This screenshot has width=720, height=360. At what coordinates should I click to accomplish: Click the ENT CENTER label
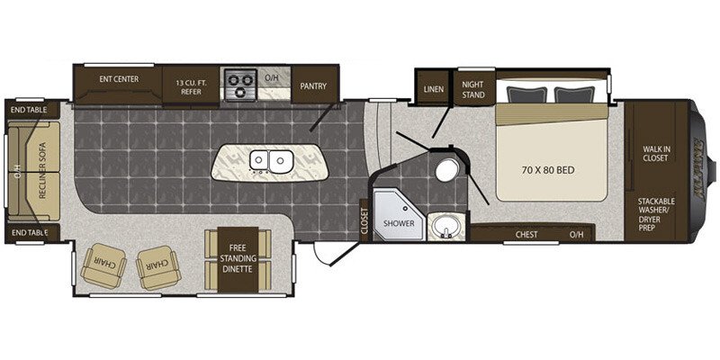point(119,79)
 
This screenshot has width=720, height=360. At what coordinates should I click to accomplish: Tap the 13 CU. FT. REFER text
point(191,87)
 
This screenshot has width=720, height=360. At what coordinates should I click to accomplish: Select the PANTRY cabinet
point(314,85)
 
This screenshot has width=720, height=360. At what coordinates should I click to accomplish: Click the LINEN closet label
point(434,89)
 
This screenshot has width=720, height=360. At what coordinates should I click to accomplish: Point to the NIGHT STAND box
point(474,87)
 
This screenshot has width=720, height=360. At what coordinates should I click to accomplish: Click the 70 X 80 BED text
point(548,170)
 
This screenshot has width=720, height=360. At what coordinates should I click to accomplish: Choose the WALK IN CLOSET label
point(655,153)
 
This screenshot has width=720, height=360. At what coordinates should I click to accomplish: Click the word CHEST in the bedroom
point(526,235)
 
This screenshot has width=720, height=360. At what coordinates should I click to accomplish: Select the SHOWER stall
point(398,216)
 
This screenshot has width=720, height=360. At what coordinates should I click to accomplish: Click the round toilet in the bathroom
point(445,171)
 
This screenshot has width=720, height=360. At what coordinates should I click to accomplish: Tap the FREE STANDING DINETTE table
point(238,259)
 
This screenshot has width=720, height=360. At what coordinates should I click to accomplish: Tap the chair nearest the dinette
point(158,267)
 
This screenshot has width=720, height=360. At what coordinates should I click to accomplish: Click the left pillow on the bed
point(527,94)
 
